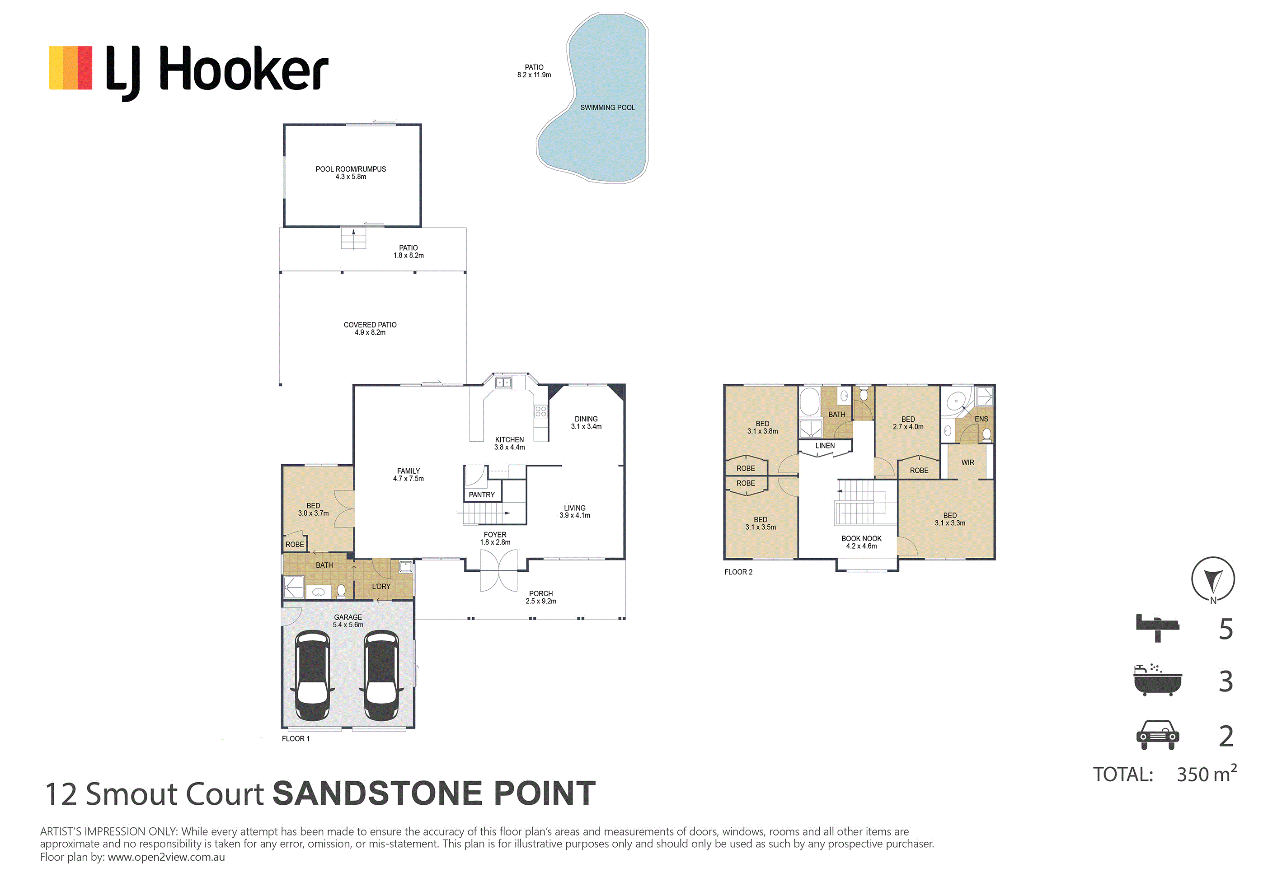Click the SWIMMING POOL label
tap(607, 107)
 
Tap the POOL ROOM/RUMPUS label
tap(351, 169)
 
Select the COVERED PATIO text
tap(370, 325)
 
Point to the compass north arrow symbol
tap(1213, 580)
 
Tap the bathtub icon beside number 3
tap(1158, 680)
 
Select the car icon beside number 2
tap(1158, 735)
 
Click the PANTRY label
tap(482, 495)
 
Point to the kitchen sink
tap(503, 382)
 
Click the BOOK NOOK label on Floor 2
tap(862, 538)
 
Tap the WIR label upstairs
tap(967, 462)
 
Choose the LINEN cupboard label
tap(825, 445)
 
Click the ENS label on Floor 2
tap(982, 419)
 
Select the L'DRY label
tap(381, 586)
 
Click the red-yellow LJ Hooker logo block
tap(70, 68)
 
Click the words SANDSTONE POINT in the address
tap(435, 793)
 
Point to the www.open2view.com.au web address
tap(166, 857)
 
